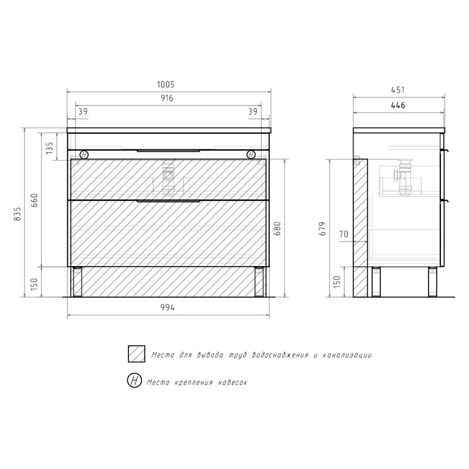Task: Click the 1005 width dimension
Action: pos(166,84)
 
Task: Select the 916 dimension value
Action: pos(166,98)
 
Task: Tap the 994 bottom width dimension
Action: pos(168,307)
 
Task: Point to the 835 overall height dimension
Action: pos(18,213)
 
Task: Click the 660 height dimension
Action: pos(35,200)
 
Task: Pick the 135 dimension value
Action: pos(49,148)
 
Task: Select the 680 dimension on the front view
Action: pos(277,229)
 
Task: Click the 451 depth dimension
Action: pos(398,90)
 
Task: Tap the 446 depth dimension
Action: pos(398,106)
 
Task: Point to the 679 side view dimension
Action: pos(323,229)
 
